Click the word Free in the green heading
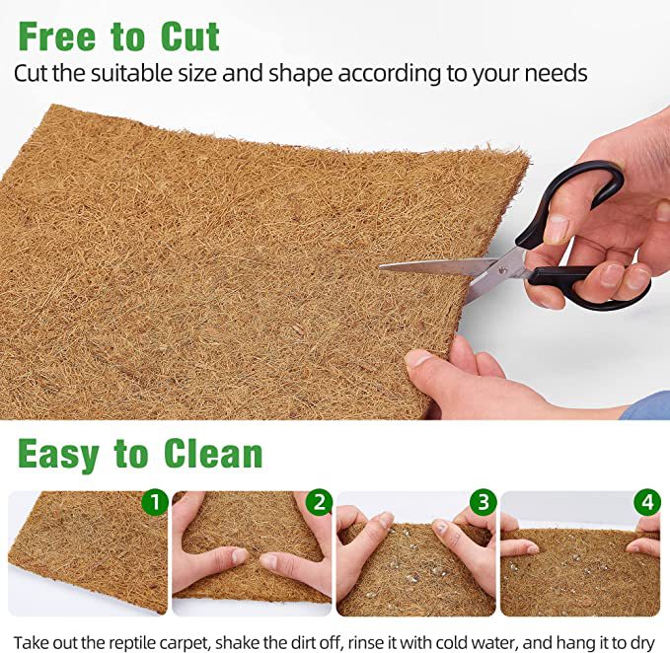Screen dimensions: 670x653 click(57, 36)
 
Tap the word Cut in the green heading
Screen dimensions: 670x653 click(190, 36)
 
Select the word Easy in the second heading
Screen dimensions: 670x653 click(58, 455)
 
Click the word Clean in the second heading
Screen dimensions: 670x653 click(213, 453)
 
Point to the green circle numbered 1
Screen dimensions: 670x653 click(155, 502)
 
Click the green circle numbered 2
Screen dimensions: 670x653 click(319, 502)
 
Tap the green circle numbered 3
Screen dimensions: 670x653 click(484, 502)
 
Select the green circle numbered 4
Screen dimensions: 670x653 click(647, 502)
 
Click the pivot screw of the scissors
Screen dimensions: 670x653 click(502, 269)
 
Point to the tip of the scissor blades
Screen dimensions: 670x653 click(380, 267)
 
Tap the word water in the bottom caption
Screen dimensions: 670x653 click(494, 642)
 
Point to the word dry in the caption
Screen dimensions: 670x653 click(643, 643)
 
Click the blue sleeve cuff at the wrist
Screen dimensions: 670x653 click(645, 405)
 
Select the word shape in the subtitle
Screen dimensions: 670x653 click(300, 73)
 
